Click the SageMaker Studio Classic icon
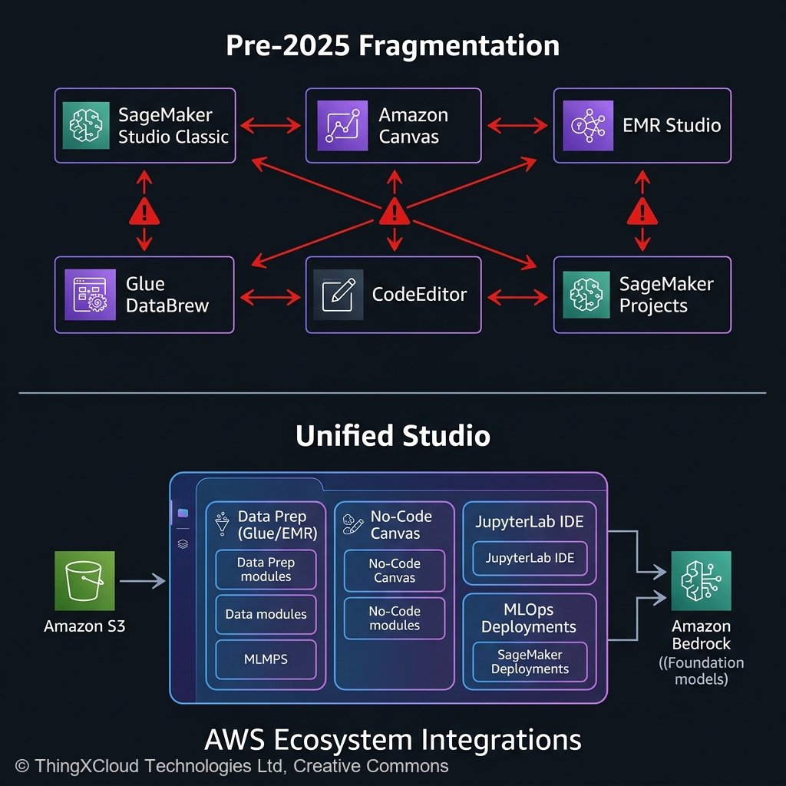click(85, 125)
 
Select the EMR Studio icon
click(586, 125)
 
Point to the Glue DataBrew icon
click(85, 295)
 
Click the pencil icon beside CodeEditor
click(339, 295)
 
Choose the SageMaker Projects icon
click(586, 295)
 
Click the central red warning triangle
click(394, 210)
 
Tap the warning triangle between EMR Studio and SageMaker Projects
click(642, 210)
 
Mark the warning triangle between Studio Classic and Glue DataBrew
click(144, 210)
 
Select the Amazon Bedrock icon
click(701, 581)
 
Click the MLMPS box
click(266, 659)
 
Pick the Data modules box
click(266, 614)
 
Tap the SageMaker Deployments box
click(530, 662)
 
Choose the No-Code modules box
click(394, 619)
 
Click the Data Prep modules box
click(266, 570)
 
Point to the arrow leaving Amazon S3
click(144, 581)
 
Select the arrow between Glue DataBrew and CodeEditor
click(270, 295)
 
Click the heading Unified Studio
click(393, 436)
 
